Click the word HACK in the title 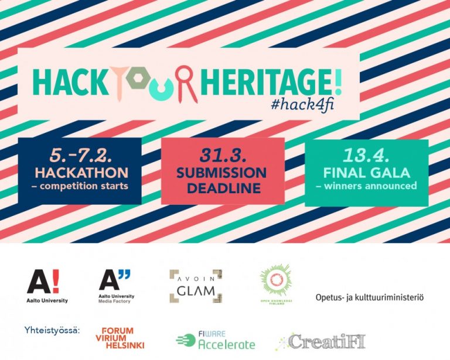[70, 83]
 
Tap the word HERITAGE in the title [267, 83]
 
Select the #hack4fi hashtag [302, 105]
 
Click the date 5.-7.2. [80, 156]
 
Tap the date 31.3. [223, 156]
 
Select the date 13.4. [366, 156]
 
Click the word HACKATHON [81, 173]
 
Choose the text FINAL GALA [366, 173]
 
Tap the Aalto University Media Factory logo [116, 286]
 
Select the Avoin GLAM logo [196, 286]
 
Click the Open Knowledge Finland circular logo [276, 284]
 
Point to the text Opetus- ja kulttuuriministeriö [369, 297]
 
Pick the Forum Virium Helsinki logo [120, 338]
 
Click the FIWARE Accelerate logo [215, 340]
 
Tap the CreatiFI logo [321, 342]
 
